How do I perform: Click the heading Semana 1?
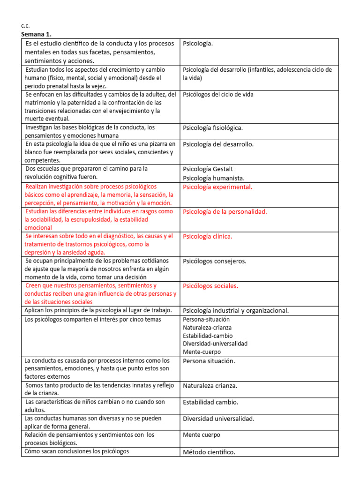pyautogui.click(x=37, y=35)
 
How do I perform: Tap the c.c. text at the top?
pyautogui.click(x=25, y=26)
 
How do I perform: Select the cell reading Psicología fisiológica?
pyautogui.click(x=213, y=127)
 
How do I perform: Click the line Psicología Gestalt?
pyautogui.click(x=208, y=169)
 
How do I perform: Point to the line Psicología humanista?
pyautogui.click(x=214, y=178)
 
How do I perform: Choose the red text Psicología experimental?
pyautogui.click(x=217, y=187)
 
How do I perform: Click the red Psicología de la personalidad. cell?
pyautogui.click(x=225, y=211)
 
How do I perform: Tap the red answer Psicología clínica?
pyautogui.click(x=207, y=236)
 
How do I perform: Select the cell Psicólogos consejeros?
pyautogui.click(x=214, y=261)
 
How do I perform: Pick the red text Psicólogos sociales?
pyautogui.click(x=210, y=285)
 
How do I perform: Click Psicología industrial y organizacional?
pyautogui.click(x=236, y=310)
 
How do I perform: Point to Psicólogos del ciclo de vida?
pyautogui.click(x=218, y=94)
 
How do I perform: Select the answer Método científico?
pyautogui.click(x=209, y=452)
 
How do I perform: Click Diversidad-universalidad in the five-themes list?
pyautogui.click(x=215, y=344)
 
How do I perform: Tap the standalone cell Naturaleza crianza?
pyautogui.click(x=210, y=386)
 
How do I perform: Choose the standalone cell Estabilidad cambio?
pyautogui.click(x=210, y=402)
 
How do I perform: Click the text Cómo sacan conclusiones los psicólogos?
pyautogui.click(x=76, y=451)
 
